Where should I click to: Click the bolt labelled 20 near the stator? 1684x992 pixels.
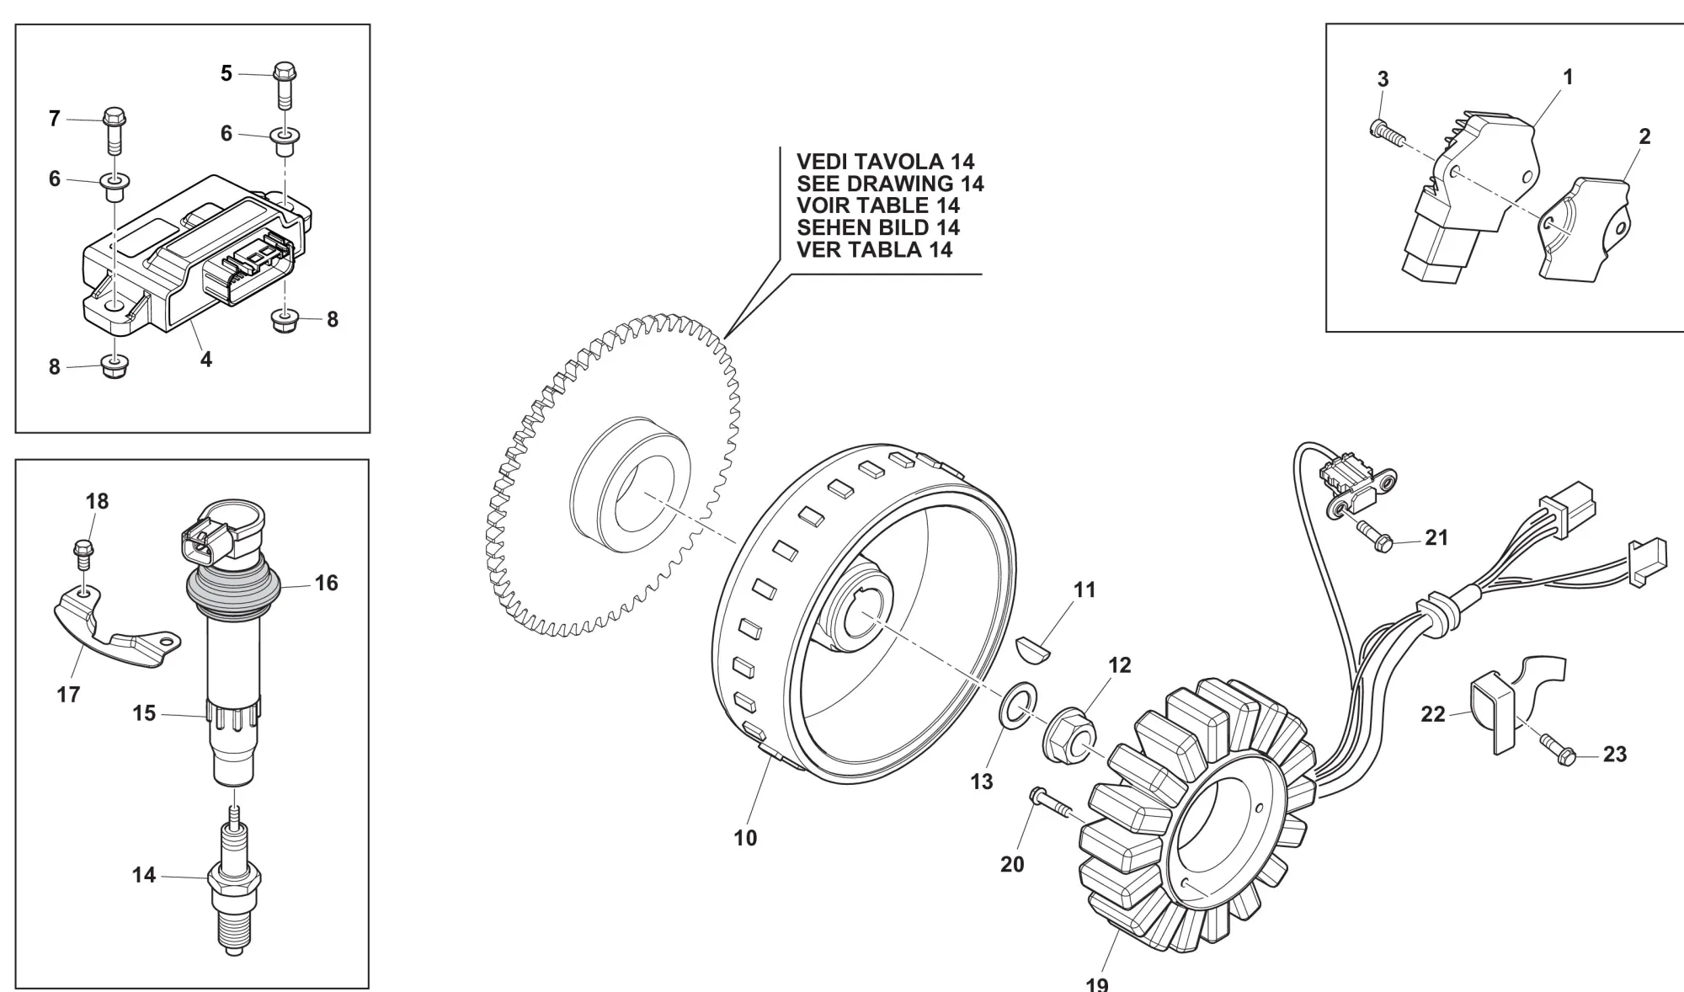[1052, 803]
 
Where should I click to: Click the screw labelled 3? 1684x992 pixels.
[1386, 132]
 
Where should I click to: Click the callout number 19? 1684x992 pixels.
[1097, 983]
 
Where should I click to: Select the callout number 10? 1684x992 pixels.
[745, 838]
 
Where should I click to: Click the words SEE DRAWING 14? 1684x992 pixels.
[890, 184]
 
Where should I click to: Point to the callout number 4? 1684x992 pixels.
[206, 360]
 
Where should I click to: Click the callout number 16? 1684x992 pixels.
[326, 583]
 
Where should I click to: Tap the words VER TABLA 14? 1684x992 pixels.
[875, 249]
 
